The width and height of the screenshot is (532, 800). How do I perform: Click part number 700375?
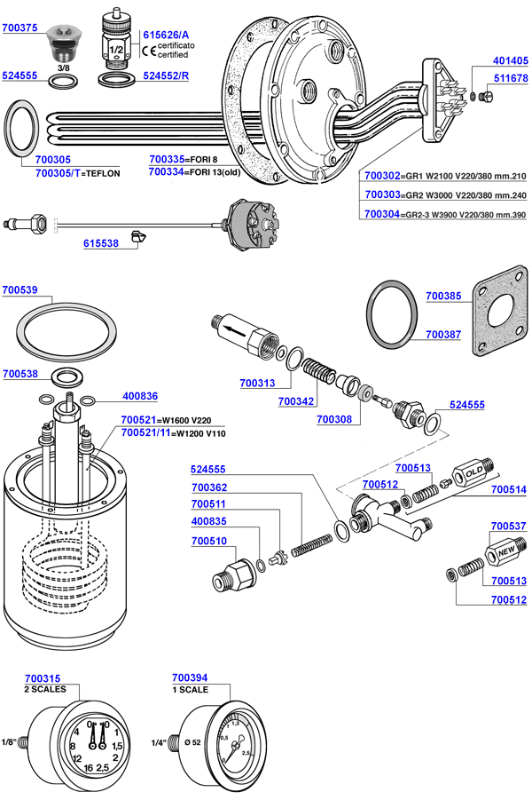(20, 28)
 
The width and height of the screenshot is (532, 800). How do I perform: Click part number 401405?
(511, 60)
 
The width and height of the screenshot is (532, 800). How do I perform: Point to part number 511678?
(511, 79)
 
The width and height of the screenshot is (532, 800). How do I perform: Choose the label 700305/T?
(59, 173)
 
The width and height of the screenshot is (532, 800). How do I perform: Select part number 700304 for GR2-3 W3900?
(381, 214)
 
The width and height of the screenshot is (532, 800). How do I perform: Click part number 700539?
(20, 289)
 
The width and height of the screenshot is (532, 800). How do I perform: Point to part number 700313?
(257, 384)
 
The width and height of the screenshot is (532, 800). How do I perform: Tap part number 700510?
(209, 540)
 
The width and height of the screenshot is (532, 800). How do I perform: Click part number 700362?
(209, 487)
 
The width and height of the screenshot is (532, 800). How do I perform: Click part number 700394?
(190, 677)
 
